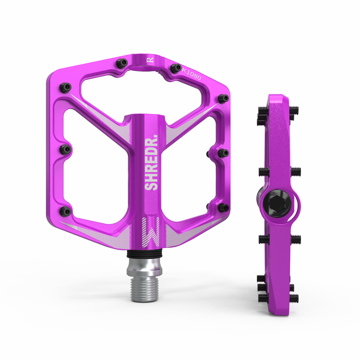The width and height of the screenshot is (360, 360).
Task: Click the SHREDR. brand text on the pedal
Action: pos(151,162)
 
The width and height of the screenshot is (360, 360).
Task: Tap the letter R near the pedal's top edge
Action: pos(150,60)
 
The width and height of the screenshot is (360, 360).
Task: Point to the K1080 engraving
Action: pos(191,74)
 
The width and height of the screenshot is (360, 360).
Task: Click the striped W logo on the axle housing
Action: pos(151,232)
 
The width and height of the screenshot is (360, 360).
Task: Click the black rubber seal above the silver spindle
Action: pos(145,254)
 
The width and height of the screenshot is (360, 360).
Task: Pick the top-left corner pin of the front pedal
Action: pos(65,87)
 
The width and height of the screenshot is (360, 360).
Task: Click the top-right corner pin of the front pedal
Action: pos(223,98)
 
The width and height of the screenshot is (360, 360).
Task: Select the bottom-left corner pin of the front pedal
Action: pos(65,211)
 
